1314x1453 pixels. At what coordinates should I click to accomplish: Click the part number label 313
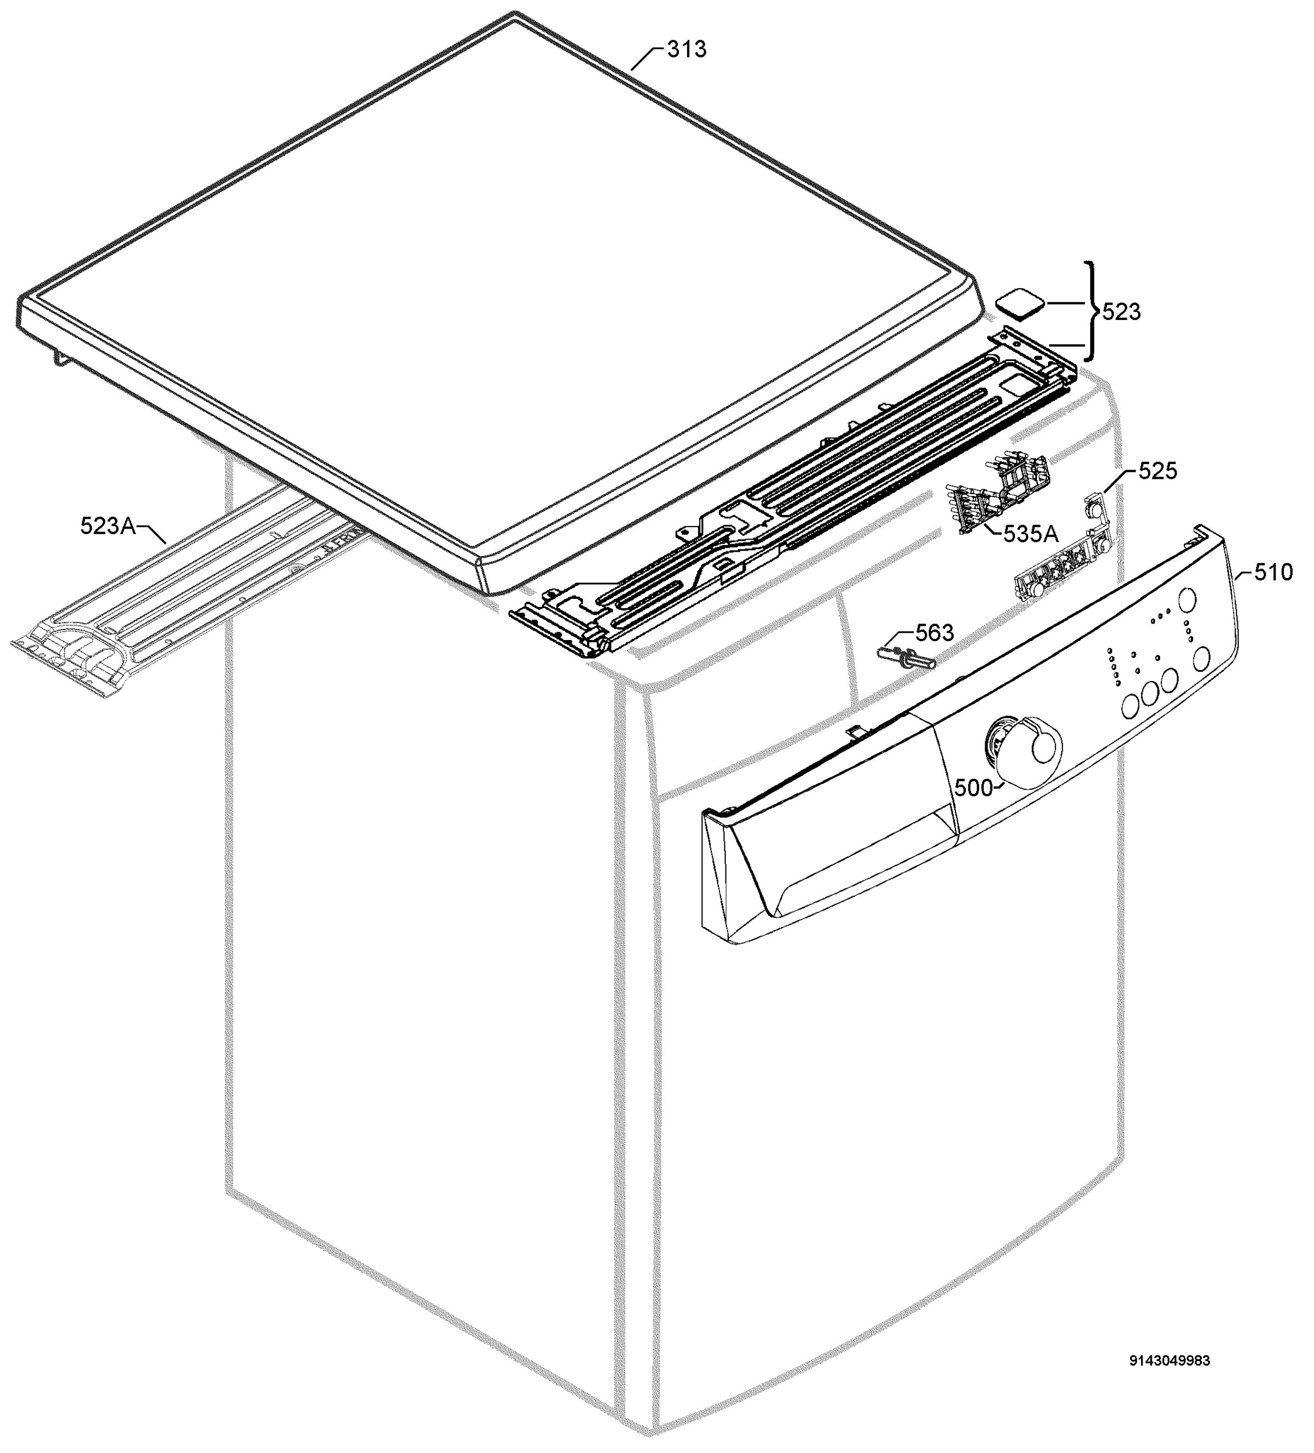pyautogui.click(x=686, y=50)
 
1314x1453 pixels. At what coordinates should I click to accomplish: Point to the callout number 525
pyautogui.click(x=1157, y=471)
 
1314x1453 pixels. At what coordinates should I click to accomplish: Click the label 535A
pyautogui.click(x=1030, y=534)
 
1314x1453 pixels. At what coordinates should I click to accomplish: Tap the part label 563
pyautogui.click(x=935, y=633)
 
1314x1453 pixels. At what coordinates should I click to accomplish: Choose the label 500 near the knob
pyautogui.click(x=973, y=788)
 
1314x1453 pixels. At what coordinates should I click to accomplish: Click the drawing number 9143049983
pyautogui.click(x=1169, y=1361)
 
